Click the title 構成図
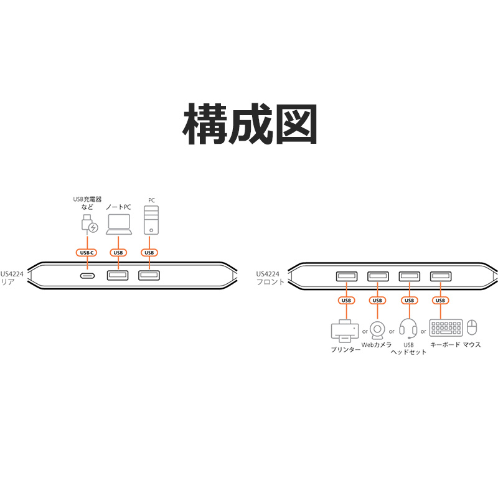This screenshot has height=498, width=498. [x=250, y=124]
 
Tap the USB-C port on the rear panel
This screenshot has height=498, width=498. [x=87, y=276]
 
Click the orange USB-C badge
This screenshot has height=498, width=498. [x=87, y=253]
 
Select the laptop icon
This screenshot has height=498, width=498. [x=119, y=224]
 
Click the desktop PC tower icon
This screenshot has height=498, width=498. [x=151, y=220]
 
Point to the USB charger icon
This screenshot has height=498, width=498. [x=89, y=223]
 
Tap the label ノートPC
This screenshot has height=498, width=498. [x=118, y=207]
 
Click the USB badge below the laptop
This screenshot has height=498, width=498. [x=118, y=253]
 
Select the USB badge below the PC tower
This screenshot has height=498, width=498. [x=149, y=253]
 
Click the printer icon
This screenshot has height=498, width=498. [x=345, y=331]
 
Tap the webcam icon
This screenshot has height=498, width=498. [x=377, y=331]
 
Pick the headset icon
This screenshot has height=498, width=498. [x=408, y=329]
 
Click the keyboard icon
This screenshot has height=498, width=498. [x=446, y=327]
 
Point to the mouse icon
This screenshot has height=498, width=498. [x=472, y=327]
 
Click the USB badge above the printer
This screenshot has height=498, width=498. [x=346, y=300]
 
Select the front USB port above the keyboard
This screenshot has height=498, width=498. [x=441, y=276]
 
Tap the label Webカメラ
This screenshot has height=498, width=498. [x=377, y=345]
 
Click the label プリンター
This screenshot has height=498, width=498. [x=345, y=349]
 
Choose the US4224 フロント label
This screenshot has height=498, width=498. [x=270, y=278]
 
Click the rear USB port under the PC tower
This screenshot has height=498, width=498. [x=149, y=275]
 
